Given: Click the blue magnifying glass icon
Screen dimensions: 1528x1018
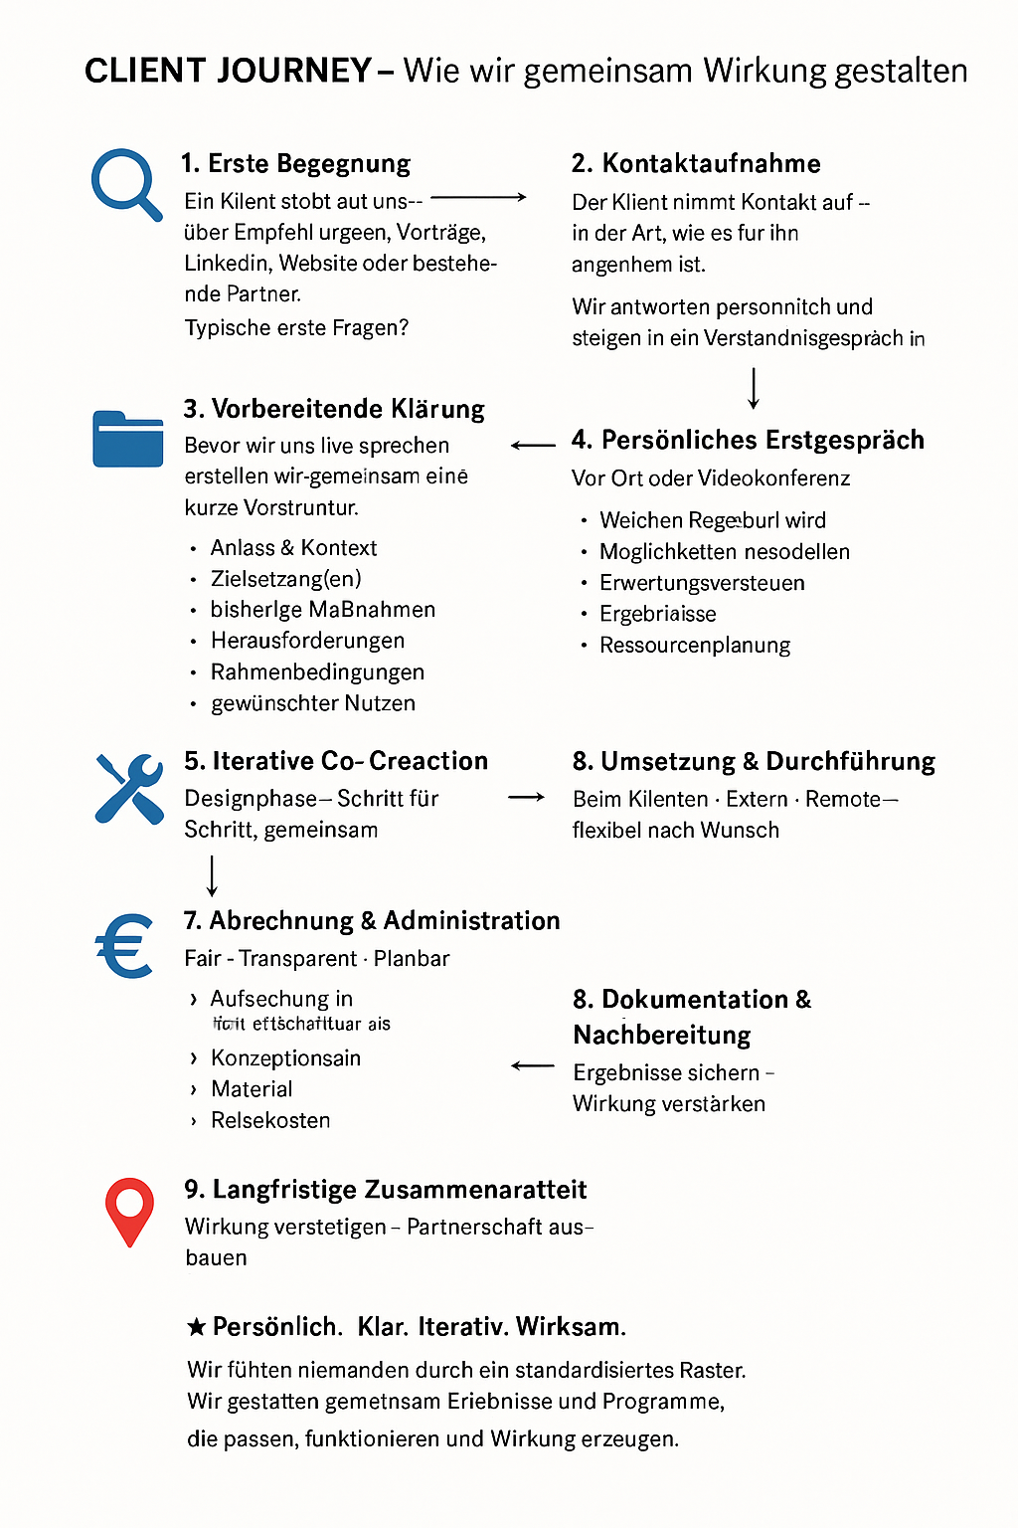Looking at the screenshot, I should point(124,183).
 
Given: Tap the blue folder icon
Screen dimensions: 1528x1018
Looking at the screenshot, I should point(127,439).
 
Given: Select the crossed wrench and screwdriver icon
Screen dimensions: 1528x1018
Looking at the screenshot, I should point(129,788).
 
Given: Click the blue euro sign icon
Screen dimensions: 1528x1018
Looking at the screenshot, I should point(125,945).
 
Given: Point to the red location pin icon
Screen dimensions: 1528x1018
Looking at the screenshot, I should point(129,1211).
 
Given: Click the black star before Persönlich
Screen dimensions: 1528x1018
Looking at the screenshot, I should point(197,1326).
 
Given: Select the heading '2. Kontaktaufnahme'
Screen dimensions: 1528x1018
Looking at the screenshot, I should point(696,163).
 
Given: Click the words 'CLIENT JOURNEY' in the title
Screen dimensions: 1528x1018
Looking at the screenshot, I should point(228,71).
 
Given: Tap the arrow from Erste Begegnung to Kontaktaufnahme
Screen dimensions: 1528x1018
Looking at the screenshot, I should point(478,198).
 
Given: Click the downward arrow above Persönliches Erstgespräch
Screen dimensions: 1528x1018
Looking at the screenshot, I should point(754,388).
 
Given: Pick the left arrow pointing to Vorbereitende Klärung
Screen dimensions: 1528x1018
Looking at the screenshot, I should point(533,446).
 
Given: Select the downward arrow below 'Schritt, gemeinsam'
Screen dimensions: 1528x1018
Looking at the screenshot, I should point(212,875).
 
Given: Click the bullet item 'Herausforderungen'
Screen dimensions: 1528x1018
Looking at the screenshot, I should point(307,641).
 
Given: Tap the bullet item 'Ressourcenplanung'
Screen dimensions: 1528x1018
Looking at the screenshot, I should point(694,646).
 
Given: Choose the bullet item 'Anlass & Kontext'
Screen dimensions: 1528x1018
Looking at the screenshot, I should point(293,548).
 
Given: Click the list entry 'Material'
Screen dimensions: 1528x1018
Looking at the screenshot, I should point(252,1089).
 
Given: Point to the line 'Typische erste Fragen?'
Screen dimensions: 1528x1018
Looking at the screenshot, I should point(296,328).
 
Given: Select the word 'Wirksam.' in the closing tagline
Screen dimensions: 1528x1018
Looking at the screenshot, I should point(571,1327).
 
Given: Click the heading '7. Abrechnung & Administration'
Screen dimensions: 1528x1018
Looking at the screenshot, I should point(372,921).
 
